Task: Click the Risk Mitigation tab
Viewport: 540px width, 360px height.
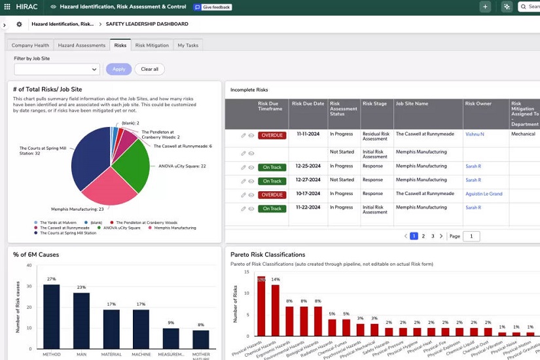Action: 152,45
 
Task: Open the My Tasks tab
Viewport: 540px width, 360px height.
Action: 188,45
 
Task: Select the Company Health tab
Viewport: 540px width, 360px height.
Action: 30,45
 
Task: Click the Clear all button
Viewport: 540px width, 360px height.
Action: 149,69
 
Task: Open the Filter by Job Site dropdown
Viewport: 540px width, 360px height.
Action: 57,69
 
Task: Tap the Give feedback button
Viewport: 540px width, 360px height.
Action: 212,7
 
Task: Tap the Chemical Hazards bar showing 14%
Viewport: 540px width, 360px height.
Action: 276,310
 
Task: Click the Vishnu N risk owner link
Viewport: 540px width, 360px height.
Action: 475,134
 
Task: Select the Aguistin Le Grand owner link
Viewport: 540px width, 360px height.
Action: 484,194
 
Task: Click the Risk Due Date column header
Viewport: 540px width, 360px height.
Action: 308,103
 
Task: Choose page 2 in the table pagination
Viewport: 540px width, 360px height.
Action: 423,236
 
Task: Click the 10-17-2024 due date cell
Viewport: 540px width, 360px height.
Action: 308,194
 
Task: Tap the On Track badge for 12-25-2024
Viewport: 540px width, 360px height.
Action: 272,166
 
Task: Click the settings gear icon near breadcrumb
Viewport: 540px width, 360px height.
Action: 19,24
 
